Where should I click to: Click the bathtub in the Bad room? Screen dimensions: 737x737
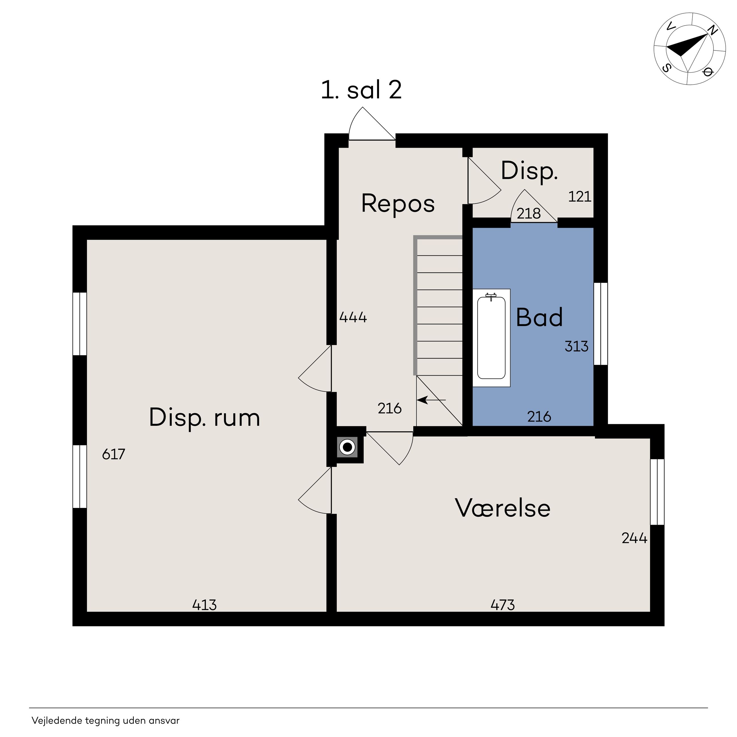491,338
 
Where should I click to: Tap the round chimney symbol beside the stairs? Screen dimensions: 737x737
347,447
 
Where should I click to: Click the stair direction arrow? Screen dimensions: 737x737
431,400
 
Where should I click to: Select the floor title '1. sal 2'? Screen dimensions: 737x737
361,90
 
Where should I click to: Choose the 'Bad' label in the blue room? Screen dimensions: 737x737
539,317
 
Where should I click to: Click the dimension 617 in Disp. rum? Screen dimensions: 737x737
114,454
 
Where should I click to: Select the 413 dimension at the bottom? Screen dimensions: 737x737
204,605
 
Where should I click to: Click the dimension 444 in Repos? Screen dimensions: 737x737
353,317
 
